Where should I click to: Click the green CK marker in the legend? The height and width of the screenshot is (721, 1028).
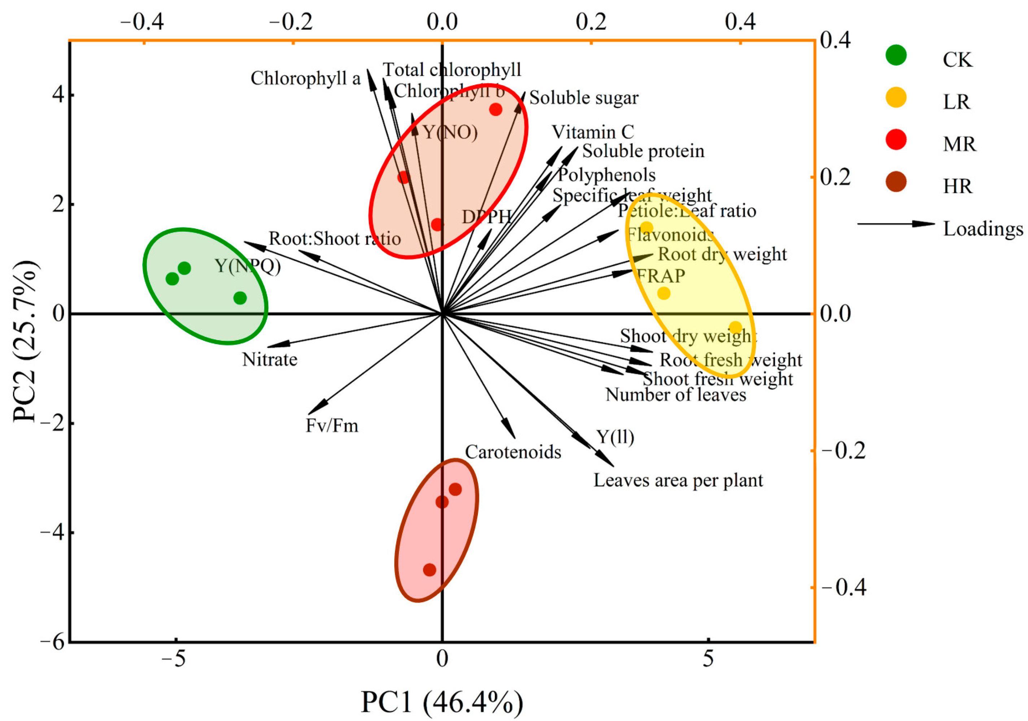[896, 55]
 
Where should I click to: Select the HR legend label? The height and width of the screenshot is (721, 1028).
[958, 186]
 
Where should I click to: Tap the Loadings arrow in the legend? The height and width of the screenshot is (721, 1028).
[896, 223]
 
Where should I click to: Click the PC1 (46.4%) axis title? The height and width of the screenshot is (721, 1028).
[442, 702]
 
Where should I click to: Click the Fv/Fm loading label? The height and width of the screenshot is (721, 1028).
[332, 425]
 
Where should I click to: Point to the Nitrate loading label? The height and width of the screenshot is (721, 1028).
[270, 360]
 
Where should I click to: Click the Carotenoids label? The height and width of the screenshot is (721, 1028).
[513, 452]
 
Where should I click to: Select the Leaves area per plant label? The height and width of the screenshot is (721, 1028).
[678, 480]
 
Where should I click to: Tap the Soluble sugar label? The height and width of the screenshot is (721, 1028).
[584, 97]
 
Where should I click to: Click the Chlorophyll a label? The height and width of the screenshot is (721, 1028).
[305, 78]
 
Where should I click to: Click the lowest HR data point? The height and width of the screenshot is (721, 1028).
[430, 570]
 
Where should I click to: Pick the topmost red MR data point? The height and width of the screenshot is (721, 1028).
[495, 109]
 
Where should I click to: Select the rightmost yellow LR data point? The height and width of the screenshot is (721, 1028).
[735, 327]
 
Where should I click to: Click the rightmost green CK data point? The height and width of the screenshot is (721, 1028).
[240, 298]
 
